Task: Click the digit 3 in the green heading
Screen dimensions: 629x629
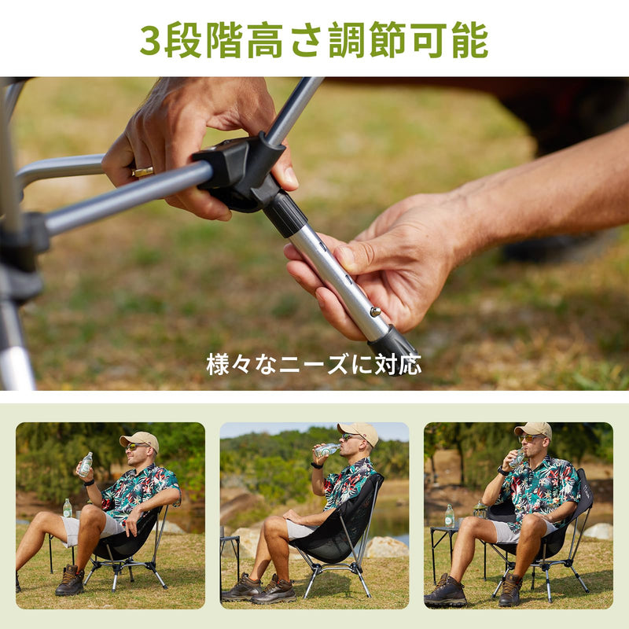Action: click(x=150, y=41)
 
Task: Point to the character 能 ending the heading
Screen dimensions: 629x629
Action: click(x=470, y=40)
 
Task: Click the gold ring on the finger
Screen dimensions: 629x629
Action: click(x=143, y=171)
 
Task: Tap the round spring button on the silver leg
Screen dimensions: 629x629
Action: click(x=376, y=311)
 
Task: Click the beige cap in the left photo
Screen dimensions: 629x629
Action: click(x=140, y=440)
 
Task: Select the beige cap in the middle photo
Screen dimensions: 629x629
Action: click(x=359, y=432)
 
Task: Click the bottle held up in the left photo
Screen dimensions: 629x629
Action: click(x=86, y=465)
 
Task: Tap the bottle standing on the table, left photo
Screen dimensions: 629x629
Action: click(x=68, y=508)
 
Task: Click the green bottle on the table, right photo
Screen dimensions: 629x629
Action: click(x=450, y=516)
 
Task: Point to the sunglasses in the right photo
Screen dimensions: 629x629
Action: click(x=530, y=439)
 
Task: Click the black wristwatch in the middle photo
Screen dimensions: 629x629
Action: click(x=317, y=465)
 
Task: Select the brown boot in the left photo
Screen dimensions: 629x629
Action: click(x=70, y=579)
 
